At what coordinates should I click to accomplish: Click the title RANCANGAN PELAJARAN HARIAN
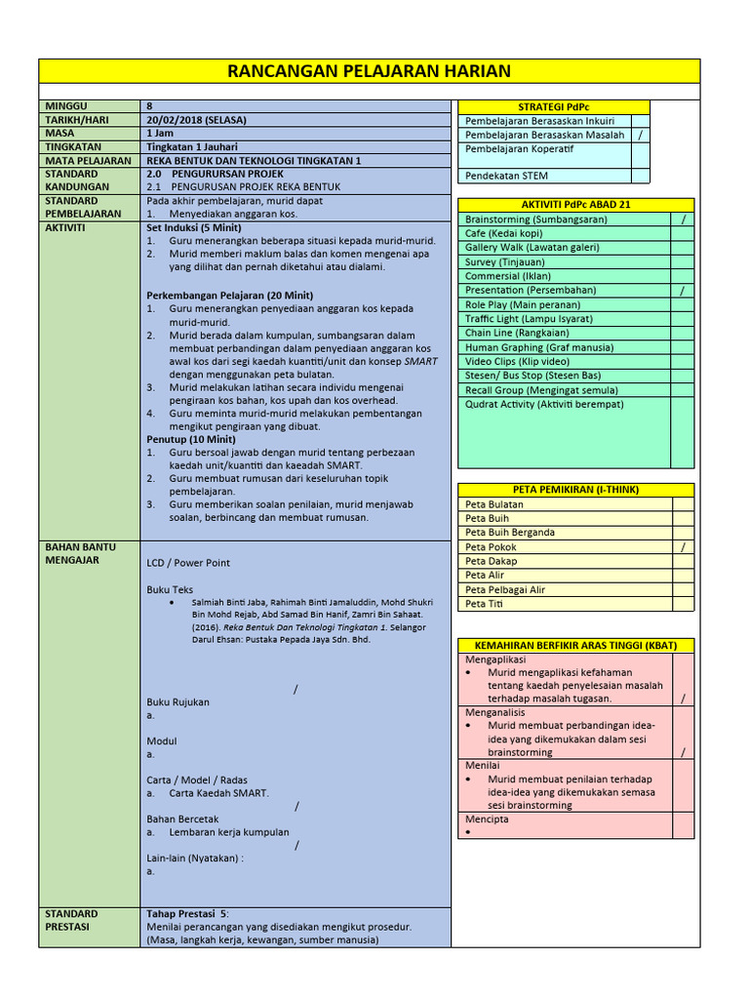369,71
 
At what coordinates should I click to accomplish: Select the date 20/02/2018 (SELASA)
196,119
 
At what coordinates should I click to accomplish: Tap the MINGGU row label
65,105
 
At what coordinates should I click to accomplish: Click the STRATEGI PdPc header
554,107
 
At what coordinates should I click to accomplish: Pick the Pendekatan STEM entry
506,176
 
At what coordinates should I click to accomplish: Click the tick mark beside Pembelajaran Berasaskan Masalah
641,135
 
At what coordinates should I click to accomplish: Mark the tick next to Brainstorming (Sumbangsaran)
683,220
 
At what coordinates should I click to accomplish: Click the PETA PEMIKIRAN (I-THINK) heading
575,490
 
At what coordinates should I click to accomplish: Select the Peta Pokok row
492,547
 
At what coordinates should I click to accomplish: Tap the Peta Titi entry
487,604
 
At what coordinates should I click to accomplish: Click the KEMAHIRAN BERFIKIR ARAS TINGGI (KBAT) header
575,646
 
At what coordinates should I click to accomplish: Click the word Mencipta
487,819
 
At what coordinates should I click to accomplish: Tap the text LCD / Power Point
188,563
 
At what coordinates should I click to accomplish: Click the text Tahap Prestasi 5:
187,914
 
